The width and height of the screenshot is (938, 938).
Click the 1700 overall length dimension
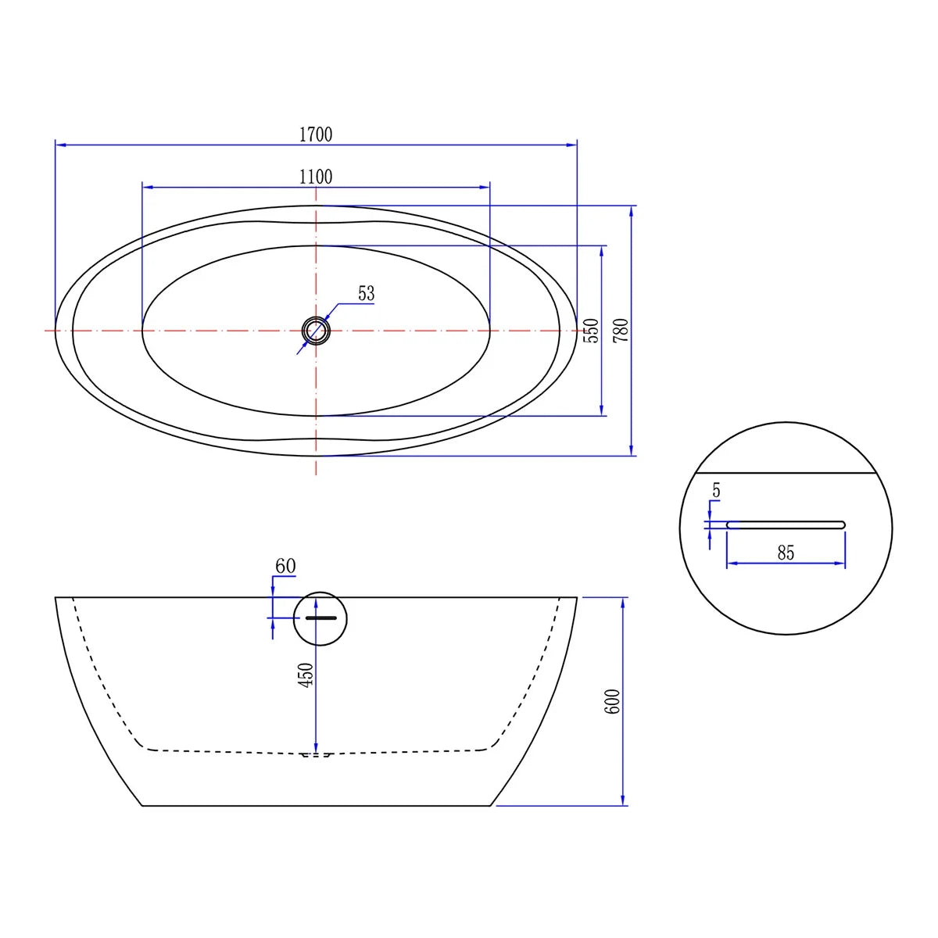316,134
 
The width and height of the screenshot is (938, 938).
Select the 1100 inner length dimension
316,177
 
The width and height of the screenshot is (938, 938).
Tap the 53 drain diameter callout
366,293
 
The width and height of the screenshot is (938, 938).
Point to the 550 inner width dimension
591,331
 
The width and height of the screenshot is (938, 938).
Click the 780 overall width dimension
621,331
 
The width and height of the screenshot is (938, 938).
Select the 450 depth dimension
306,675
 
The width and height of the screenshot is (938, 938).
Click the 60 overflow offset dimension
285,566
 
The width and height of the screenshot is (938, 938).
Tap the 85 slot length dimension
786,553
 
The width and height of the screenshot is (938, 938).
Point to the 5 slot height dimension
716,491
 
